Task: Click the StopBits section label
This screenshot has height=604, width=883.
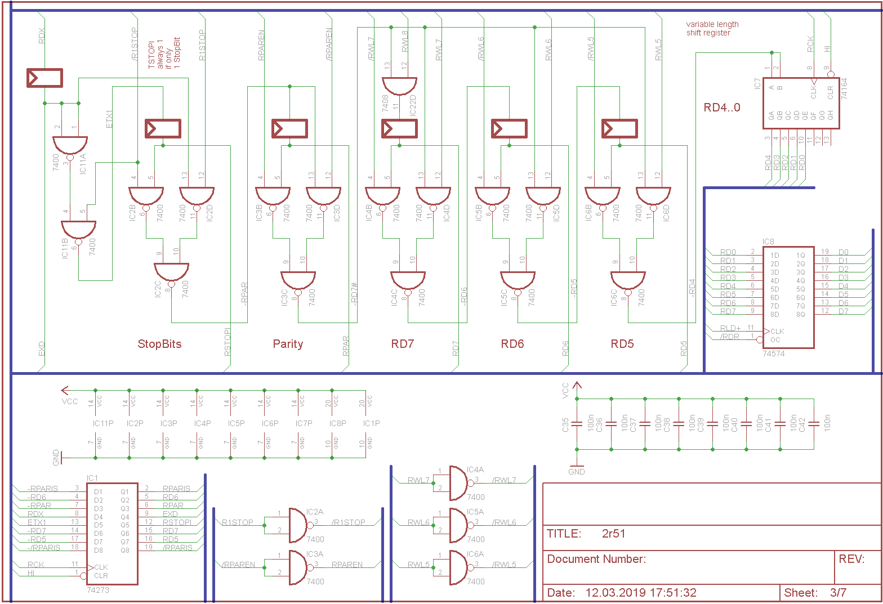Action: point(159,344)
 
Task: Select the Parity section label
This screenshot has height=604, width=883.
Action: point(288,344)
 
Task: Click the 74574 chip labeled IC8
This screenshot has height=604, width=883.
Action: point(788,297)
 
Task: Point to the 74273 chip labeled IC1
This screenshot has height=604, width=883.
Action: point(112,533)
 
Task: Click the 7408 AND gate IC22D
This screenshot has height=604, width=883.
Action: point(399,86)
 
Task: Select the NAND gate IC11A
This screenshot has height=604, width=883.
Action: point(70,146)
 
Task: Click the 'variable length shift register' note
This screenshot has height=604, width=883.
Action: point(712,29)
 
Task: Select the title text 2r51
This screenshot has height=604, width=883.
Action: point(613,534)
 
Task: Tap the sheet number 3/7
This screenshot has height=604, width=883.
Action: point(838,592)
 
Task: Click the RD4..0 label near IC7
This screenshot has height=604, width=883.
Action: point(722,108)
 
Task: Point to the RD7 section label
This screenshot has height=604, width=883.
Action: point(403,344)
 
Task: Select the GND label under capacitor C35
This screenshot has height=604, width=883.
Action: point(577,472)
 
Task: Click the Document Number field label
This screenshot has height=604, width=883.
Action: point(596,559)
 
